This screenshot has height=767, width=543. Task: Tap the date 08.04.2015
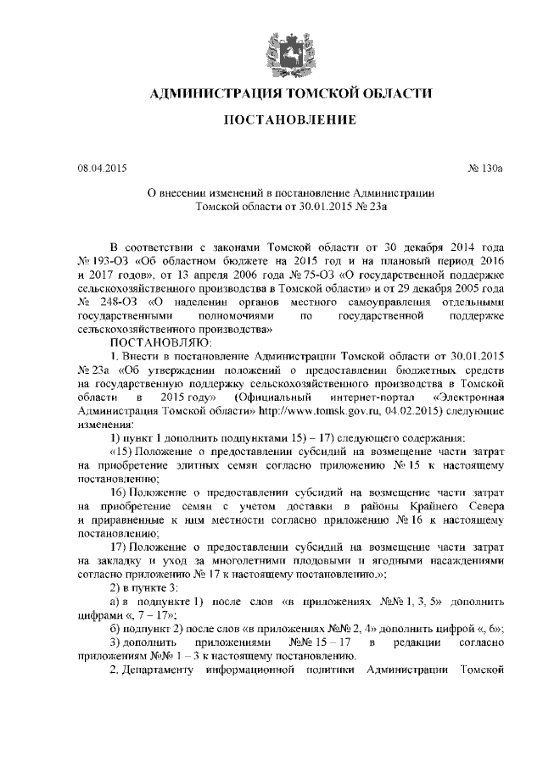point(101,168)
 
